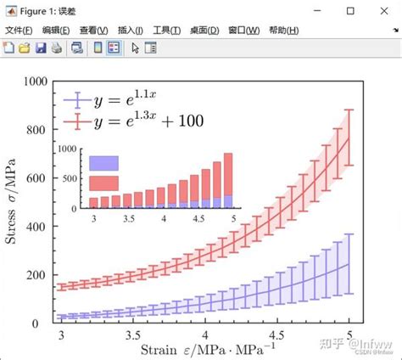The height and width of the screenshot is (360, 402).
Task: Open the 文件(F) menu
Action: tap(20, 30)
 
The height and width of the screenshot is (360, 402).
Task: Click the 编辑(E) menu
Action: tap(57, 30)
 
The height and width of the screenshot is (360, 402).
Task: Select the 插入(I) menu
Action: tap(131, 30)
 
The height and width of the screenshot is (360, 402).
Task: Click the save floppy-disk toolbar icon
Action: tap(40, 48)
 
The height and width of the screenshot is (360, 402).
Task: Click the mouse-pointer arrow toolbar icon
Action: tap(135, 48)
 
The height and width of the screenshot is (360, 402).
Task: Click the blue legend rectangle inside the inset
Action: tap(104, 162)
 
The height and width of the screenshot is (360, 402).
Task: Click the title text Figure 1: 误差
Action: tap(45, 10)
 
